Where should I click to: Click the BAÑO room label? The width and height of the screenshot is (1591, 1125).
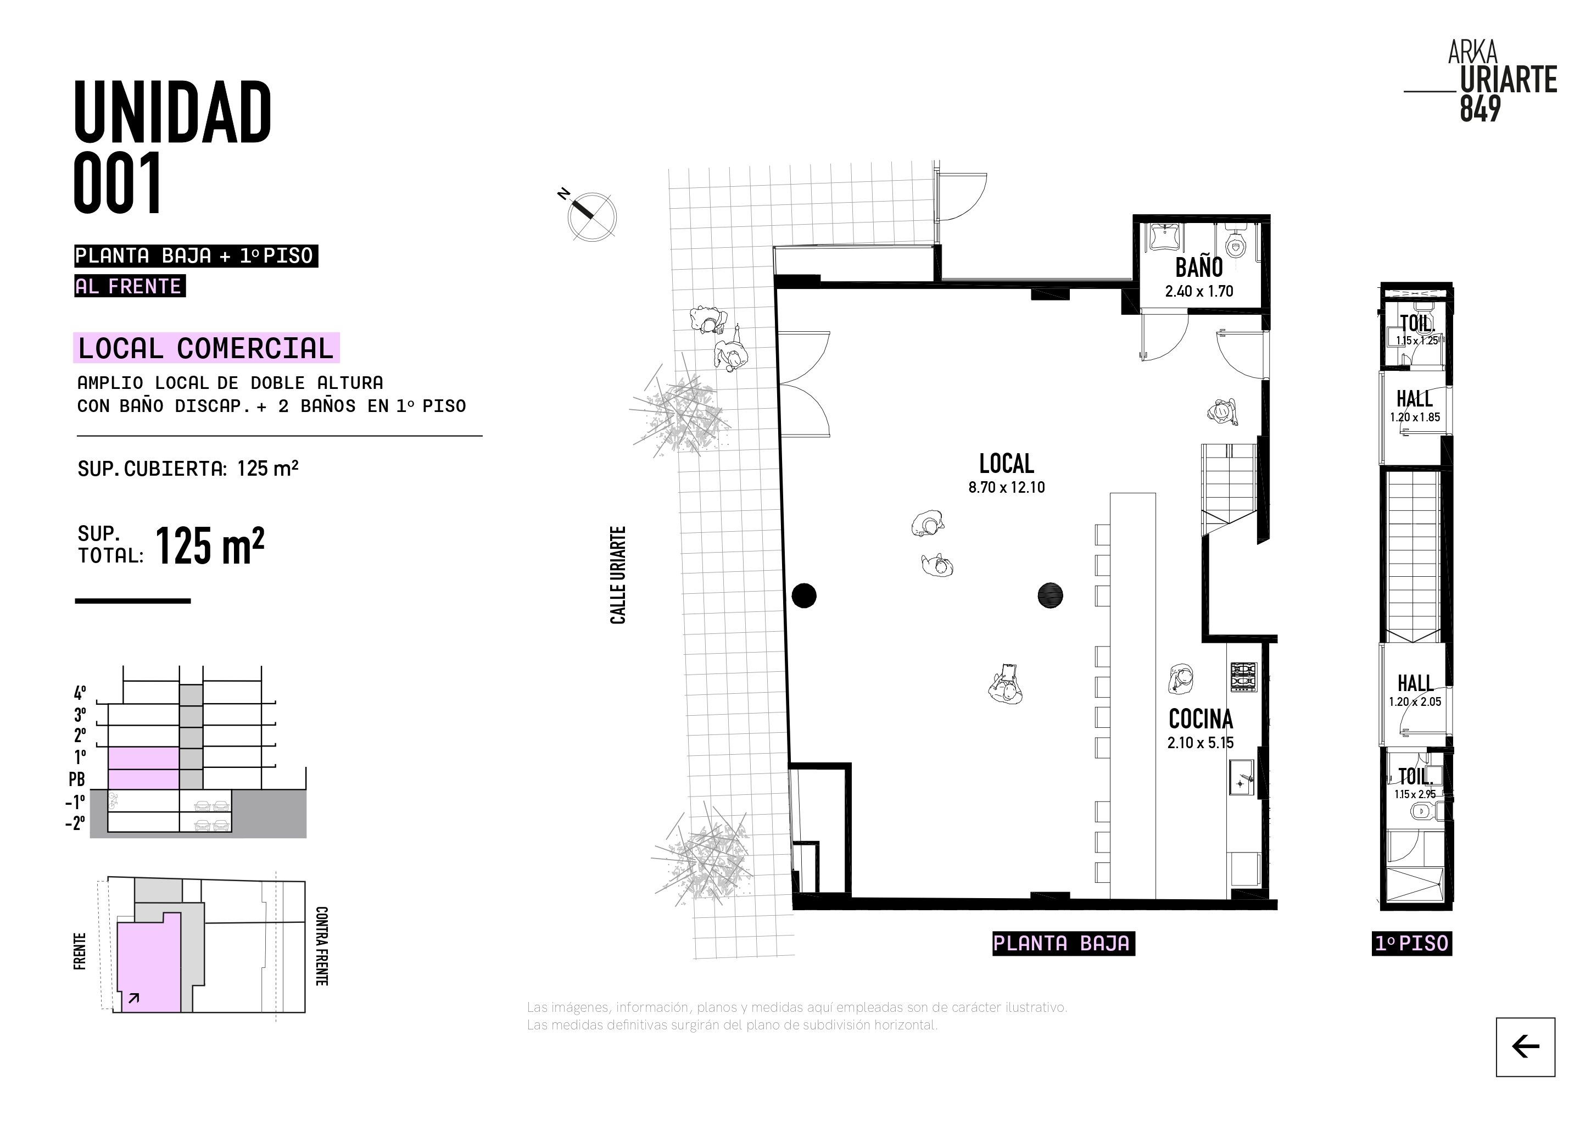pos(1199,267)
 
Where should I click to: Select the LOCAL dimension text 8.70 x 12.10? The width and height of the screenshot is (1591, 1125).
pos(1006,487)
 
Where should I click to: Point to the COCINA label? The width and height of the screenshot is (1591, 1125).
pos(1201,719)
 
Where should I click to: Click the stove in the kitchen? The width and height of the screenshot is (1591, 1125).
pos(1243,677)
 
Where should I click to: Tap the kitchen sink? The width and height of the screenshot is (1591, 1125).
pos(1242,777)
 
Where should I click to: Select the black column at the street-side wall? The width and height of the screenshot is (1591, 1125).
pos(804,595)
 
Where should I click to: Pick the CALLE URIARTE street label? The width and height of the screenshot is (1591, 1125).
pos(617,575)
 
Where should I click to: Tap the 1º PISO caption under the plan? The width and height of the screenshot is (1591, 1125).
pos(1411,943)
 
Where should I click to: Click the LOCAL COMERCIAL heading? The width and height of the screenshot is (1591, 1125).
pos(206,348)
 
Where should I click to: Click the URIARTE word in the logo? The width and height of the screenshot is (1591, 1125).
pos(1509,80)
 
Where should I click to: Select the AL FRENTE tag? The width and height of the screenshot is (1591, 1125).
pos(130,286)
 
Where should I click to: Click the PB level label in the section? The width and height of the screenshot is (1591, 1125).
pos(76,779)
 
